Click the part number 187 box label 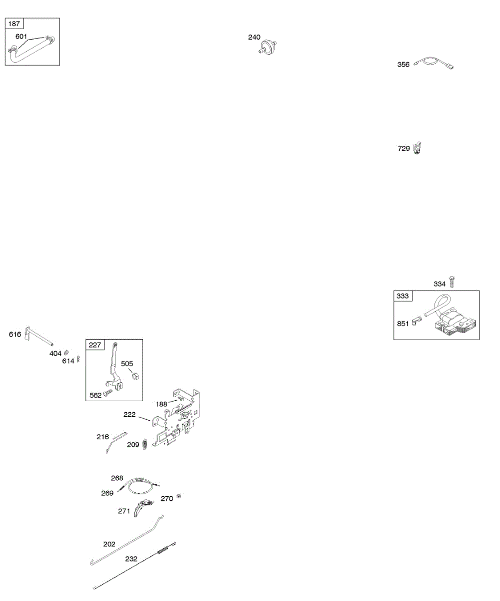pos(14,24)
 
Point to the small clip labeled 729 pos(418,148)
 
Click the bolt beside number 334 pos(452,282)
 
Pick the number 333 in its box pos(402,296)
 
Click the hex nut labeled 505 pos(135,376)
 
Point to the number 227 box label pos(94,345)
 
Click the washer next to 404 pos(66,354)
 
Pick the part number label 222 pos(130,414)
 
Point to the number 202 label pos(109,544)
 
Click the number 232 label pos(131,558)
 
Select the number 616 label pos(15,334)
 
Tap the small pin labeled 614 pos(78,360)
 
